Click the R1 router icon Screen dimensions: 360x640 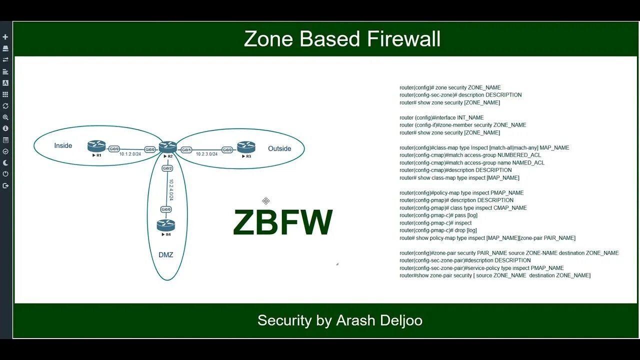(x=96, y=146)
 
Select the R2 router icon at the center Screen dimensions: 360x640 (x=168, y=147)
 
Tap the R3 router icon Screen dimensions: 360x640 (x=246, y=147)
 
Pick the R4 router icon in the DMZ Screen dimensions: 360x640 (x=166, y=225)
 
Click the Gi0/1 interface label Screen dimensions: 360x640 (x=186, y=149)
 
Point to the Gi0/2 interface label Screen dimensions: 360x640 (x=167, y=168)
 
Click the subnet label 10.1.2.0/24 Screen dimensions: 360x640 (x=130, y=154)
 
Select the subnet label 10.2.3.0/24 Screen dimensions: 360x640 (x=206, y=154)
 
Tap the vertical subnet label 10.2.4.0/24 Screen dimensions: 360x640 (x=171, y=190)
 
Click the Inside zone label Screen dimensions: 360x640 (x=63, y=145)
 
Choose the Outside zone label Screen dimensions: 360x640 (x=279, y=148)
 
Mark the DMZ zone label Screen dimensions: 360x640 (x=165, y=255)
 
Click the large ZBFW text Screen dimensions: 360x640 (x=282, y=222)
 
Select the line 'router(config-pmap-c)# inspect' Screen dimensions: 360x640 (x=435, y=223)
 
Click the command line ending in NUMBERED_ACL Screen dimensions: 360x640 (x=470, y=155)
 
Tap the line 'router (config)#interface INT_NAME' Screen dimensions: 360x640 (x=441, y=117)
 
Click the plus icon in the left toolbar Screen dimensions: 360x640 (x=5, y=37)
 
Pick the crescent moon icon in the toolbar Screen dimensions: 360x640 (x=5, y=163)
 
